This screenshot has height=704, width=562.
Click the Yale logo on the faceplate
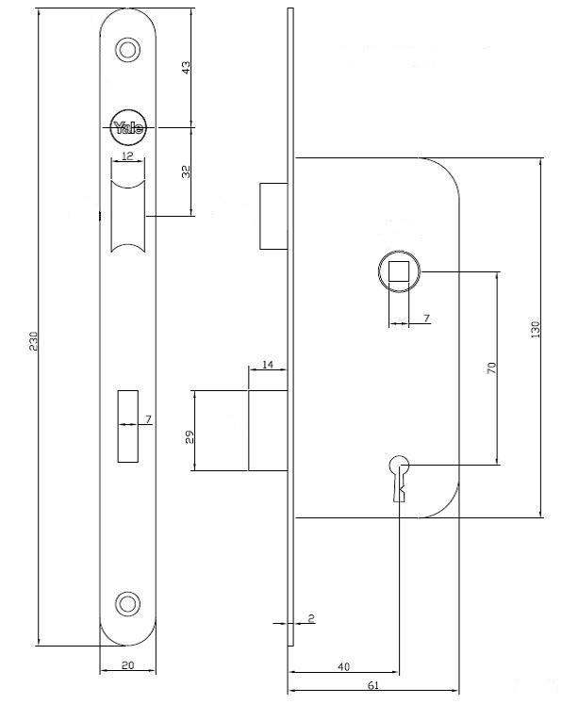[128, 128]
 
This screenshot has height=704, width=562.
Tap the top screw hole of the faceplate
[128, 49]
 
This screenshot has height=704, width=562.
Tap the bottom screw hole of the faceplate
[128, 603]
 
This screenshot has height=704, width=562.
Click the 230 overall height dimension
[34, 341]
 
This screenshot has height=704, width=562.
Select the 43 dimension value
[186, 67]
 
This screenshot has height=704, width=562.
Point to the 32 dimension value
[186, 172]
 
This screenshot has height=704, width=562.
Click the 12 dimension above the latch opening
[128, 156]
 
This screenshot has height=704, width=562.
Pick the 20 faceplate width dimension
[128, 665]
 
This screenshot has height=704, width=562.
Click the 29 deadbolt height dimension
[190, 437]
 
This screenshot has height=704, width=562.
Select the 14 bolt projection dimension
[268, 365]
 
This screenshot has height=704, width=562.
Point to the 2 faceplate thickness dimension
[311, 618]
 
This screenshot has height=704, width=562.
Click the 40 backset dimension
[343, 666]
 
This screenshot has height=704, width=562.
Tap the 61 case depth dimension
[373, 685]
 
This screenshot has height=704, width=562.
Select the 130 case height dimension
[535, 329]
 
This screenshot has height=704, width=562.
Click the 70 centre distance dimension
[492, 368]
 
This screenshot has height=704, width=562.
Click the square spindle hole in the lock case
[399, 271]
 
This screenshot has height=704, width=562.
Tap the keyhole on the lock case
[400, 478]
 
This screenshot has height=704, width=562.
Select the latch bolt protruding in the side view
[273, 216]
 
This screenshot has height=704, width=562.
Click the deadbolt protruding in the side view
[268, 431]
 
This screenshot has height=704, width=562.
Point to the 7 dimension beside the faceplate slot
[148, 418]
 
